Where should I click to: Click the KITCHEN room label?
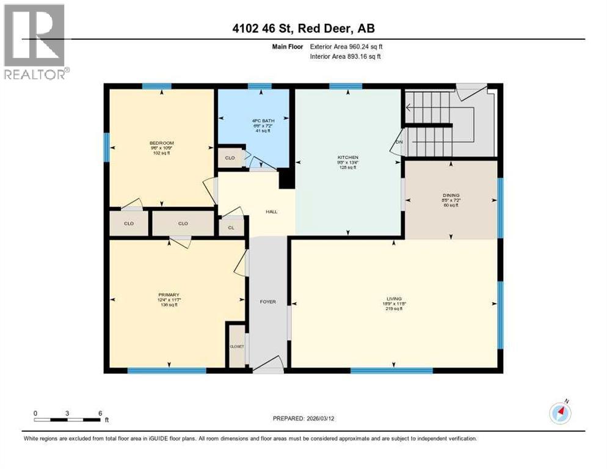(347, 157)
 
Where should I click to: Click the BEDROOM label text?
(162, 142)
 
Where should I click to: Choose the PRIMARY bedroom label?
(167, 294)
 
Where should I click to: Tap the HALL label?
(271, 211)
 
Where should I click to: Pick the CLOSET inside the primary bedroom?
(236, 346)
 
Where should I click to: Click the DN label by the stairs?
(399, 142)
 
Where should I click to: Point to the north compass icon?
(560, 412)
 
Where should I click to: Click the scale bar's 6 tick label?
(99, 412)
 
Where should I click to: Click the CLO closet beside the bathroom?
(230, 158)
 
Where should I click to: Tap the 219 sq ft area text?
(391, 309)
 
